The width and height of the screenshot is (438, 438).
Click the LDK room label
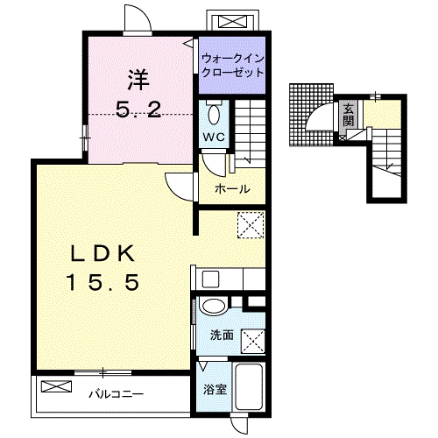tap(102, 253)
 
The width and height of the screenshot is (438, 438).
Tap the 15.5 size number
tap(102, 283)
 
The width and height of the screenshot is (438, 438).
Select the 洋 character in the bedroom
tap(138, 80)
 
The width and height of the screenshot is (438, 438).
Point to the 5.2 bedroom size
tap(138, 109)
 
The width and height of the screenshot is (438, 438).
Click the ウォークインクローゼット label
tap(233, 65)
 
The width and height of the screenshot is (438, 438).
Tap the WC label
tap(214, 137)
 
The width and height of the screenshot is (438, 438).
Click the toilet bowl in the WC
tap(214, 115)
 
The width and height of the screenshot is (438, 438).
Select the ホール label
tap(232, 189)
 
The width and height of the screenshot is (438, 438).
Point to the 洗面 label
tap(222, 336)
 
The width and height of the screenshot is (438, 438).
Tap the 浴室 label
tap(215, 389)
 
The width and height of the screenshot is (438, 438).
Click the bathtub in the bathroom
tap(249, 386)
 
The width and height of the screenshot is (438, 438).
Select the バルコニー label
tap(116, 394)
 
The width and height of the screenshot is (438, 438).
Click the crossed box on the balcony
tap(56, 386)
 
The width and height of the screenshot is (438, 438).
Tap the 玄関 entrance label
tap(348, 115)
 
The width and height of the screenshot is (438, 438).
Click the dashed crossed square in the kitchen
tap(251, 225)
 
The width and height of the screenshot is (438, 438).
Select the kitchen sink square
tap(210, 279)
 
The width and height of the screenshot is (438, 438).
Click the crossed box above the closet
tap(232, 22)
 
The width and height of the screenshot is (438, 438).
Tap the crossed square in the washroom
tap(253, 342)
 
